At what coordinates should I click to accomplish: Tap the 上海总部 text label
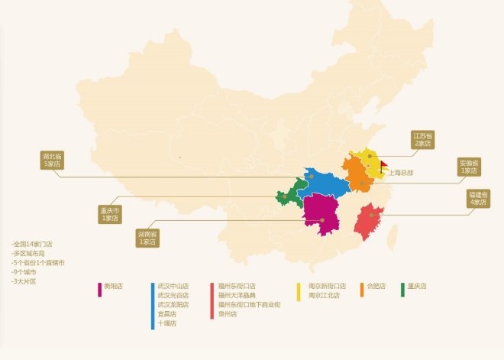point(400,173)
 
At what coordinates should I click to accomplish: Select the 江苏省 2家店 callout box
point(422,139)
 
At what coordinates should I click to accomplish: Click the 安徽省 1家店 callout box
point(469,167)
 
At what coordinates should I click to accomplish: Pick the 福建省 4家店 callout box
point(477,199)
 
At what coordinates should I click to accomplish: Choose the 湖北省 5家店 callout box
point(52,160)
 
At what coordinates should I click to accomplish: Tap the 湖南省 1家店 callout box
point(147,237)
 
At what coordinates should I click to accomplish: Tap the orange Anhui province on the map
point(355,174)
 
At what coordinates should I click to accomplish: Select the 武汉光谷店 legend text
point(173,295)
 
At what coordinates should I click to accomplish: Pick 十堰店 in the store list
point(167,323)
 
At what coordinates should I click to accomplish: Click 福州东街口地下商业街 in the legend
point(249,304)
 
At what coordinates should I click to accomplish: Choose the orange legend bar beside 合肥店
point(362,290)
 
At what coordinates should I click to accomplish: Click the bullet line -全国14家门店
point(32,245)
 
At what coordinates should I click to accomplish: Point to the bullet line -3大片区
point(24,281)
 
